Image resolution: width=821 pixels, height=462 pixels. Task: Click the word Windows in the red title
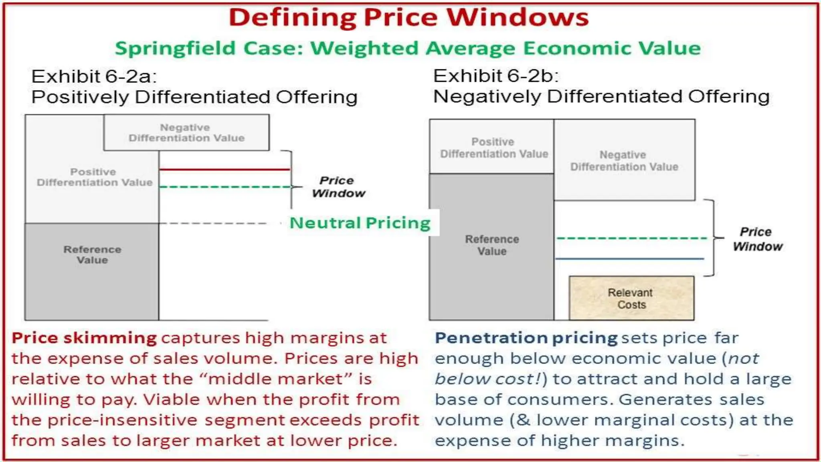pyautogui.click(x=517, y=18)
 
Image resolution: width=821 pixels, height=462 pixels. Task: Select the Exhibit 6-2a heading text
pyautogui.click(x=94, y=77)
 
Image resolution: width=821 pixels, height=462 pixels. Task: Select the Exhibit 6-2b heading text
pyautogui.click(x=495, y=76)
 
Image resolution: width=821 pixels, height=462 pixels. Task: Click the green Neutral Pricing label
pyautogui.click(x=360, y=223)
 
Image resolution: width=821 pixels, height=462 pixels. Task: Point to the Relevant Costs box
pyautogui.click(x=631, y=298)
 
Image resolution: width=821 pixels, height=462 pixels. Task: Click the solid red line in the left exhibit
pyautogui.click(x=224, y=170)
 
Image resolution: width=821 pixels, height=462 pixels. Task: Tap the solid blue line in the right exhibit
pyautogui.click(x=629, y=259)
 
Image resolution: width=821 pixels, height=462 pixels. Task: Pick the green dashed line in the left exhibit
pyautogui.click(x=224, y=187)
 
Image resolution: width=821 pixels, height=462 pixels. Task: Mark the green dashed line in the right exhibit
pyautogui.click(x=631, y=238)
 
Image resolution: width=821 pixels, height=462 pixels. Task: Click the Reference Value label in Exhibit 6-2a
pyautogui.click(x=92, y=255)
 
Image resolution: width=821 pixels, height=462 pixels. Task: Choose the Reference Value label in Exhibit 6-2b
pyautogui.click(x=492, y=245)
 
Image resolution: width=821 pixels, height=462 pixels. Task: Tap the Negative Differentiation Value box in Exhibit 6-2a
pyautogui.click(x=186, y=133)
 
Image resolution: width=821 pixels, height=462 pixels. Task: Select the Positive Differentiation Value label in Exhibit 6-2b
pyautogui.click(x=493, y=148)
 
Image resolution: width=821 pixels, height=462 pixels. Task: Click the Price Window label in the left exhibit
pyautogui.click(x=338, y=187)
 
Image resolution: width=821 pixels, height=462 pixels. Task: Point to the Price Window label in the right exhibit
pyautogui.click(x=757, y=239)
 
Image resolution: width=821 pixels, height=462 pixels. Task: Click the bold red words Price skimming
pyautogui.click(x=84, y=338)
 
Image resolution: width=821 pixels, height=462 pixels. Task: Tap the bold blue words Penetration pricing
pyautogui.click(x=526, y=338)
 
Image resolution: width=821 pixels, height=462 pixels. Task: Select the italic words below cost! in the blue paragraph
pyautogui.click(x=488, y=379)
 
